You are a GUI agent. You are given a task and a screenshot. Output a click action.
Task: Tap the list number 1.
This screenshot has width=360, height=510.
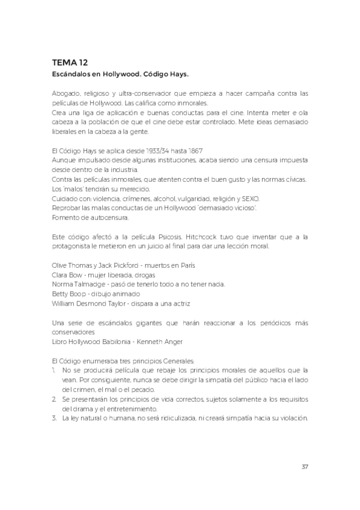click(54, 370)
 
